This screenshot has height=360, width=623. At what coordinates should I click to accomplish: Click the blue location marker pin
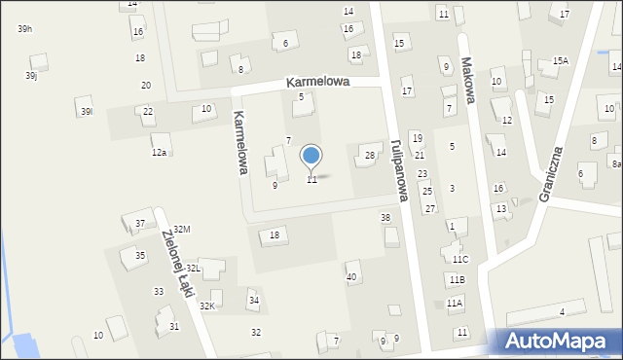(311, 157)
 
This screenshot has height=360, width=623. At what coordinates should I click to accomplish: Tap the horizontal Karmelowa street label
(317, 84)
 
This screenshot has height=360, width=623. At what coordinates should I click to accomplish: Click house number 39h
(25, 29)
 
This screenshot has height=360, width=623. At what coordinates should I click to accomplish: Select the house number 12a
(159, 153)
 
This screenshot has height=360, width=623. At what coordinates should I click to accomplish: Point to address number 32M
(182, 229)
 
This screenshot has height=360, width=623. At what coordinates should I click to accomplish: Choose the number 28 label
(370, 156)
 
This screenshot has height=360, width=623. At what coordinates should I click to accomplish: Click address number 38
(385, 218)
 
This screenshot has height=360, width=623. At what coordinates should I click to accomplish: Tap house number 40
(351, 277)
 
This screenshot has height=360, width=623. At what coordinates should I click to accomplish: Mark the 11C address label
(459, 259)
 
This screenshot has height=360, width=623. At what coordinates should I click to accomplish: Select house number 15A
(560, 60)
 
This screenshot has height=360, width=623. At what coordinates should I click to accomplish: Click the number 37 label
(140, 224)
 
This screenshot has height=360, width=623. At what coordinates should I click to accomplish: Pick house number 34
(254, 300)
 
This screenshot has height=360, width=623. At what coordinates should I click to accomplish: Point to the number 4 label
(562, 311)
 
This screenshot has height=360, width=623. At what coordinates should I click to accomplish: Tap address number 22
(148, 112)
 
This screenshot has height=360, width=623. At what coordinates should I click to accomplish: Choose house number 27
(429, 209)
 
